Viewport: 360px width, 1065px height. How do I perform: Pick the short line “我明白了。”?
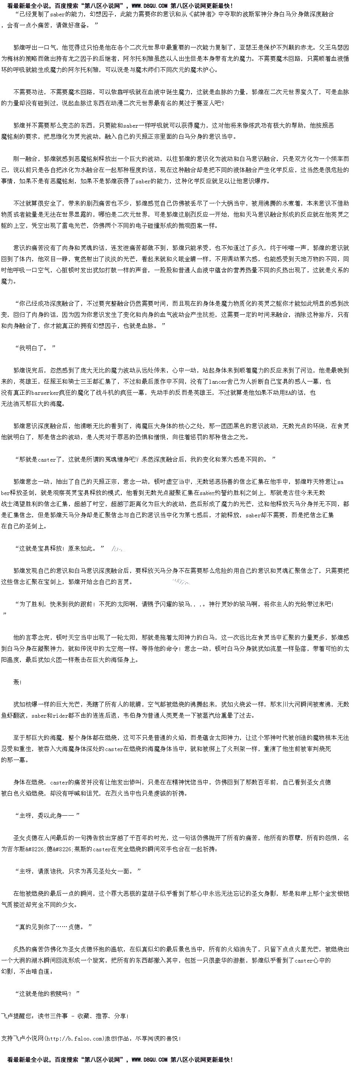point(35,348)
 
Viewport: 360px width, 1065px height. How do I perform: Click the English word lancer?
point(217,381)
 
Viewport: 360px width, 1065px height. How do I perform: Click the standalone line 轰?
point(17,682)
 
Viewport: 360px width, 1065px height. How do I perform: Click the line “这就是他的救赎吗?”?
point(47,993)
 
